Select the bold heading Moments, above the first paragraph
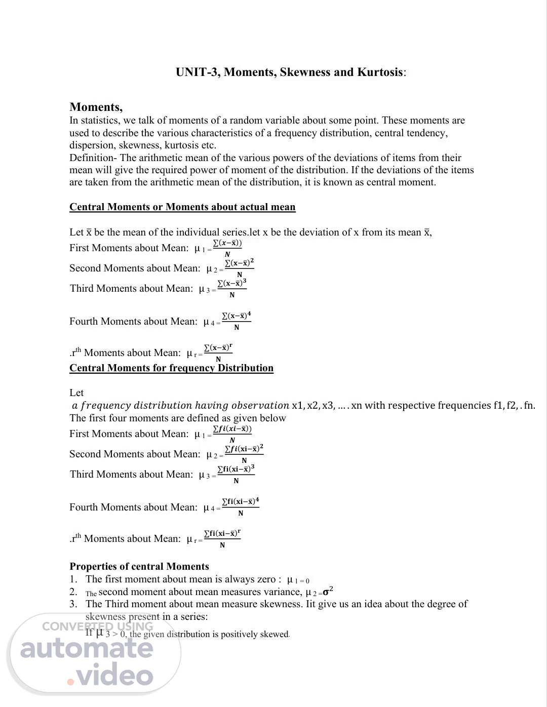96,107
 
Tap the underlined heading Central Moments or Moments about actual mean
182,207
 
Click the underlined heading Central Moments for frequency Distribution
171,368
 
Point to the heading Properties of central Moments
139,566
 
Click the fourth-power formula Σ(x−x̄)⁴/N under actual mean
237,321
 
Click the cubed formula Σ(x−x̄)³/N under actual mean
232,289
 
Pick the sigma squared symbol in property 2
328,591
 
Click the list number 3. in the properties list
73,604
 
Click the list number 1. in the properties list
73,579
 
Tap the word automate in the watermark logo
87,648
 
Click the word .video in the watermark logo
110,676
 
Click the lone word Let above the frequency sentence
76,392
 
